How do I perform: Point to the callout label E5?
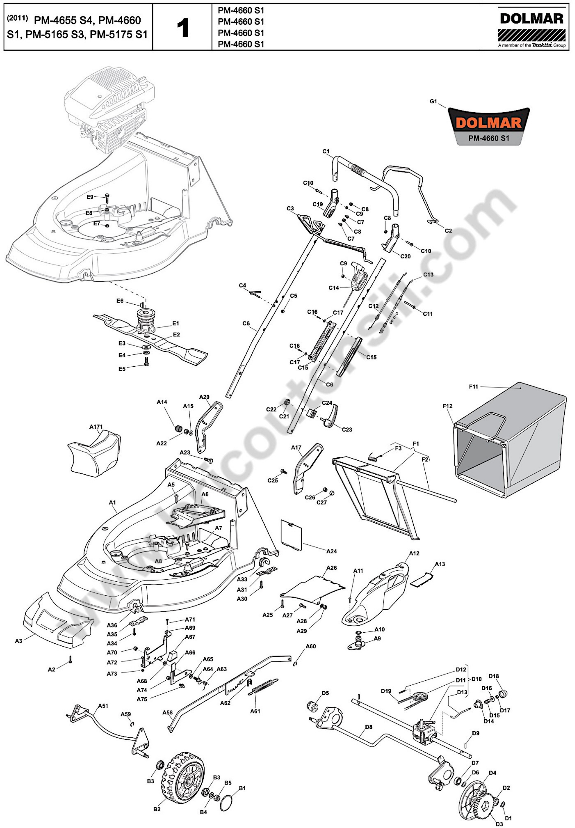tap(122, 369)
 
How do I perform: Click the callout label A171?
tap(96, 427)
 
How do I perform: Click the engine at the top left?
tap(108, 108)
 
